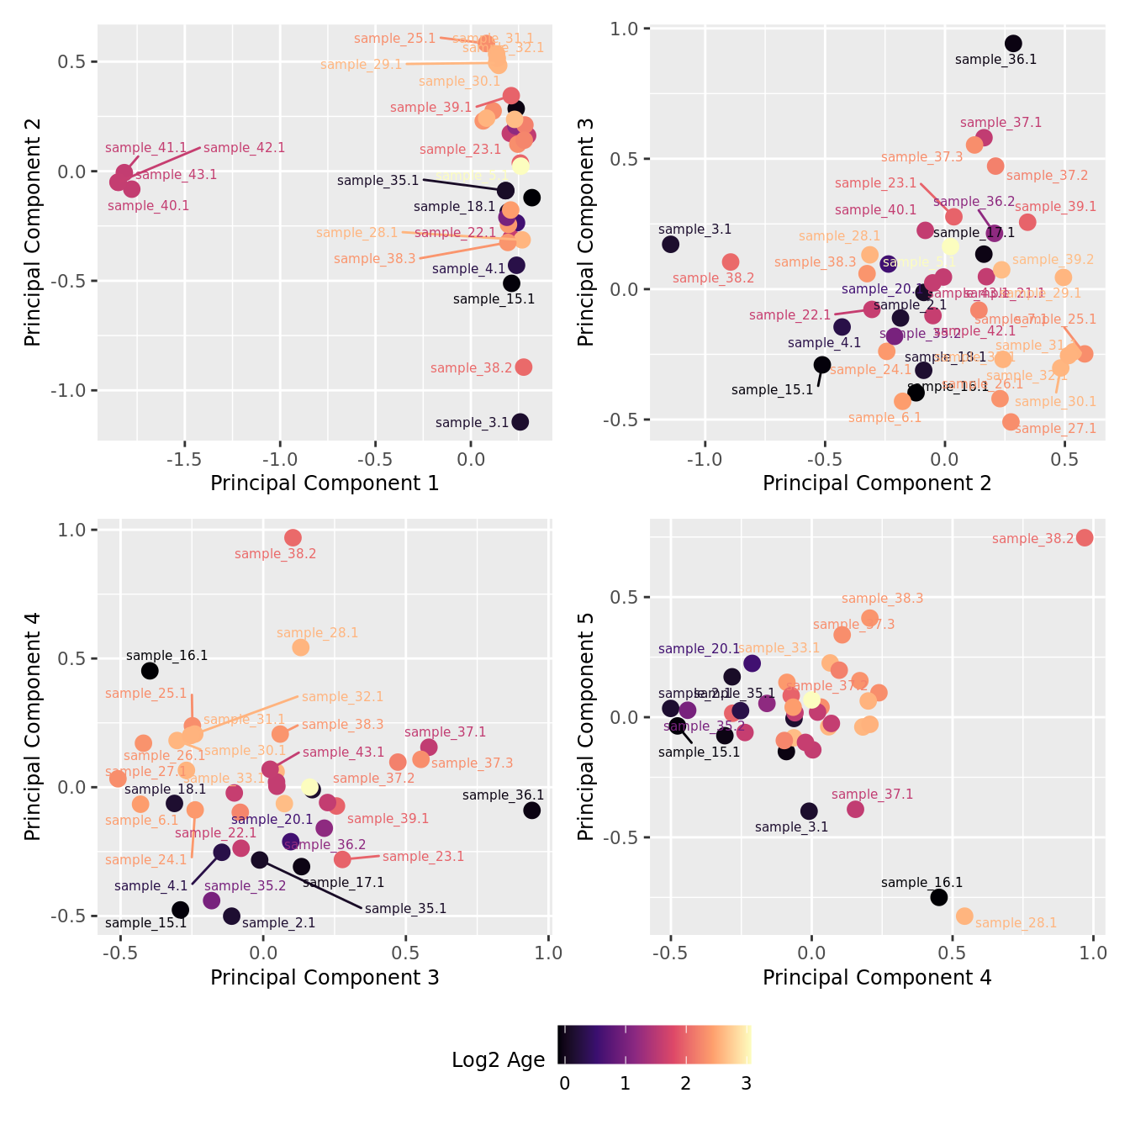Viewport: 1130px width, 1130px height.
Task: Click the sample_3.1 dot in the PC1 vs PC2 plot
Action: click(x=520, y=421)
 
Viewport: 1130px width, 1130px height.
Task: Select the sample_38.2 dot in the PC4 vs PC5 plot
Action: click(x=1085, y=537)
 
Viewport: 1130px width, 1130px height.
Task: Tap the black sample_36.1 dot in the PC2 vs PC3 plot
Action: click(x=1013, y=44)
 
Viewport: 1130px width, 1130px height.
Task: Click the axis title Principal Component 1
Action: click(x=325, y=483)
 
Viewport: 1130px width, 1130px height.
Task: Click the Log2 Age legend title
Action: click(x=498, y=1060)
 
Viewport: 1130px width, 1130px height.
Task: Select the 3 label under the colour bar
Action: click(x=746, y=1084)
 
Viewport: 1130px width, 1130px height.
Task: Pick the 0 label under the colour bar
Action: click(x=564, y=1084)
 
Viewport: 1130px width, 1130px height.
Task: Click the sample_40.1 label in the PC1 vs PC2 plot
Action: click(x=148, y=206)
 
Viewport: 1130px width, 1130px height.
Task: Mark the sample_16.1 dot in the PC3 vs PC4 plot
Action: click(x=150, y=670)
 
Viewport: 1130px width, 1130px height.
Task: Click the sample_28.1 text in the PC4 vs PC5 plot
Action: click(x=1016, y=923)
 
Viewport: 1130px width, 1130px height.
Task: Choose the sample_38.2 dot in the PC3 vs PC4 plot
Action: click(x=293, y=537)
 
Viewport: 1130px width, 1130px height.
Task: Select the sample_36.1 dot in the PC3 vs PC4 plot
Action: click(x=531, y=811)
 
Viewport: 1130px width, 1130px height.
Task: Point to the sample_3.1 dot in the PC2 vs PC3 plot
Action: click(x=670, y=244)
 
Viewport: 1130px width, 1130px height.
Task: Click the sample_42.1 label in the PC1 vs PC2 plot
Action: click(x=244, y=148)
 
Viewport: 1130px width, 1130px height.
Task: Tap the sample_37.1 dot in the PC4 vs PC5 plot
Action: click(x=855, y=810)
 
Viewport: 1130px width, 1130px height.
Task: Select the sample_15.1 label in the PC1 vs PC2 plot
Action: click(x=494, y=299)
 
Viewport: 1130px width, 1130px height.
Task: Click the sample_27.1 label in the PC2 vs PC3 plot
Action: click(x=1055, y=429)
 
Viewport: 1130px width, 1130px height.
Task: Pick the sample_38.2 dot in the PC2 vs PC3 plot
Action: click(x=731, y=261)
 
